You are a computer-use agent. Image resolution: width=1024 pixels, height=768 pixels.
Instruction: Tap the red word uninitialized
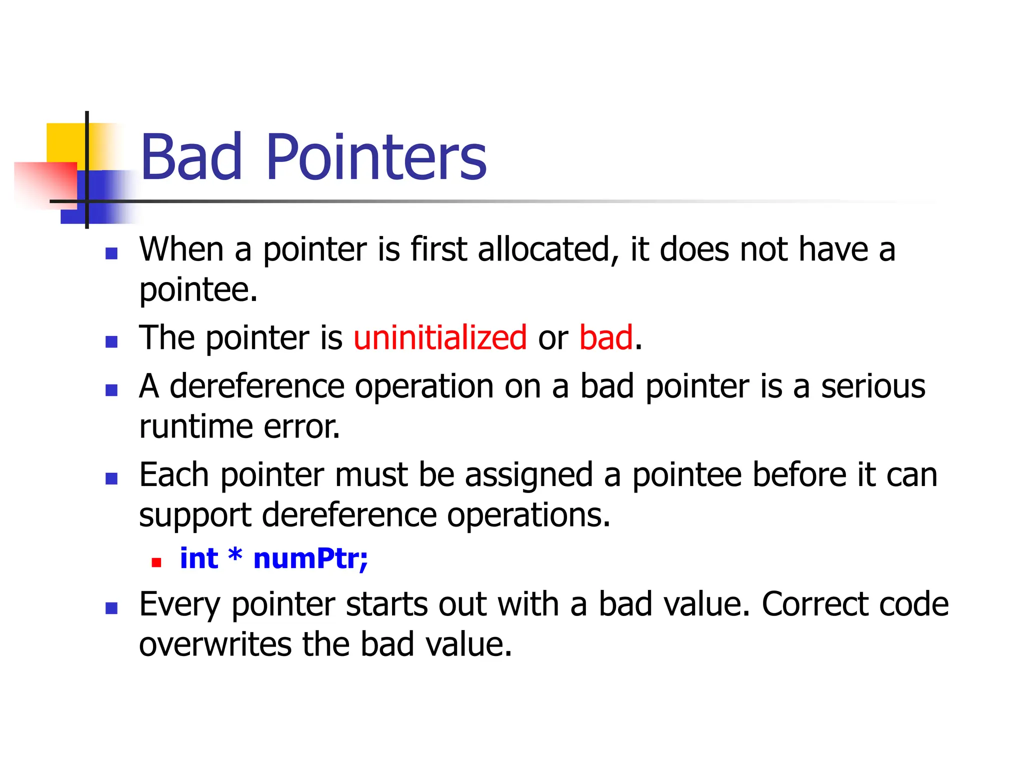[x=440, y=337]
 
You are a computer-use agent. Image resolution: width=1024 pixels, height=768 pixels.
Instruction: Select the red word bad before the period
[x=606, y=337]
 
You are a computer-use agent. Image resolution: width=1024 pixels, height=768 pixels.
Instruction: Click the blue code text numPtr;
[x=310, y=558]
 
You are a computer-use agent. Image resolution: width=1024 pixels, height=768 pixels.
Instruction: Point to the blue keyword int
[x=198, y=558]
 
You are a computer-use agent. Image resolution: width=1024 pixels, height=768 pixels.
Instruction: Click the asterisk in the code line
[x=235, y=555]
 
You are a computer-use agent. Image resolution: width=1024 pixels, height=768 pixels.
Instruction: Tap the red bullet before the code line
[x=156, y=562]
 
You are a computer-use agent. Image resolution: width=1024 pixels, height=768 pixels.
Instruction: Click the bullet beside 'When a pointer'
[x=111, y=253]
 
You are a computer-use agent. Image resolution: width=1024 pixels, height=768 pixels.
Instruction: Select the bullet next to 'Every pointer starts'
[x=111, y=608]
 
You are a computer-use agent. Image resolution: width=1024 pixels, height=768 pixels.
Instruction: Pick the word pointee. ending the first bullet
[x=198, y=290]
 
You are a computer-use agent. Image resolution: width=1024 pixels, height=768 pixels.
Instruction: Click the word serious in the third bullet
[x=873, y=386]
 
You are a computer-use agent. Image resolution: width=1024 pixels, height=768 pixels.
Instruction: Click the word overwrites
[x=214, y=644]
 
